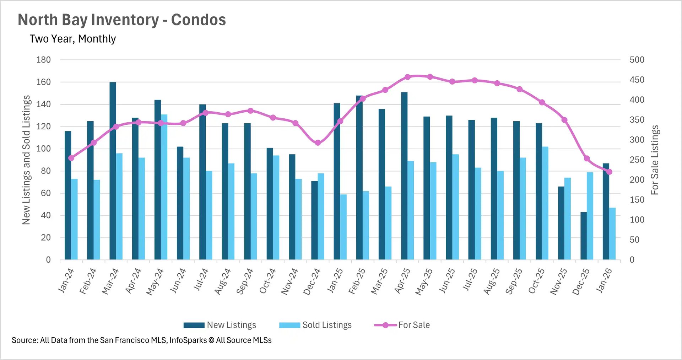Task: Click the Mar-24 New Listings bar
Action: pos(113,171)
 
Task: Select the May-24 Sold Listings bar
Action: pos(164,187)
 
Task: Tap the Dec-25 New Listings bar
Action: pos(584,236)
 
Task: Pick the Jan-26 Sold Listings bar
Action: pos(612,234)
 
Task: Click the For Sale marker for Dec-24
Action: pos(318,143)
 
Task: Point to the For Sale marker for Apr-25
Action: pos(407,77)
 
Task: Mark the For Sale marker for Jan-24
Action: pos(71,158)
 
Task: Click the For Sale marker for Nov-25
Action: pos(564,120)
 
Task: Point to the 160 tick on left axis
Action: pos(43,82)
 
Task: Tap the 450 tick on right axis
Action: pos(637,80)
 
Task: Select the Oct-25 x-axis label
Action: pos(537,281)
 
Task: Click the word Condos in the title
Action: pos(198,20)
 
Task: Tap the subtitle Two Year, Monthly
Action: pos(73,39)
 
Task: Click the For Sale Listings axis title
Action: pos(654,160)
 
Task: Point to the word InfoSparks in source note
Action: pos(188,340)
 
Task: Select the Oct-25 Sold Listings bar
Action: pos(545,203)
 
